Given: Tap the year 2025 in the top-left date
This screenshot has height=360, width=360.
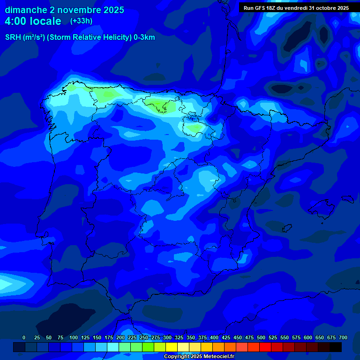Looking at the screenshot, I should (x=111, y=10).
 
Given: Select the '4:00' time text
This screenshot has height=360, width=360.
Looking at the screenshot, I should (x=19, y=21).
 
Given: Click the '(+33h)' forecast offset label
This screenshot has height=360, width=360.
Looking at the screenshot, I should (x=82, y=21).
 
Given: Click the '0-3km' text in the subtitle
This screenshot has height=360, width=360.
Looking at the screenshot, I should (x=144, y=37).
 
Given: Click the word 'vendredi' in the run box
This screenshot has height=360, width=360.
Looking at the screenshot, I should (x=295, y=8).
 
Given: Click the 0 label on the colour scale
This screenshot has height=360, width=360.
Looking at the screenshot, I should (x=24, y=337).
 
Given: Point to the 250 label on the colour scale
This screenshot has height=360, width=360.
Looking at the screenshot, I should (x=143, y=337).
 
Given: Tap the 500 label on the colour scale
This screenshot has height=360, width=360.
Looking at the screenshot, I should (x=261, y=337).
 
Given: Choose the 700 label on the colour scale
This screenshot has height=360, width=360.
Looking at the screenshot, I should (x=343, y=337).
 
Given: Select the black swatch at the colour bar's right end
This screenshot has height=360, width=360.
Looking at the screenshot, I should (x=336, y=347).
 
